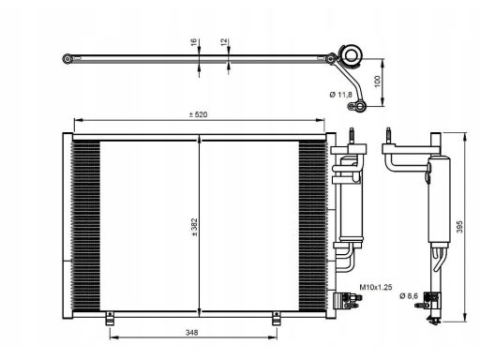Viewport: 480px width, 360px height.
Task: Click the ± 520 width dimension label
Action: coord(198,114)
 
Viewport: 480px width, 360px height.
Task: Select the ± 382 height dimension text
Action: coord(194,227)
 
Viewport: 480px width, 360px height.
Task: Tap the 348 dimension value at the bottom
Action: coord(191,333)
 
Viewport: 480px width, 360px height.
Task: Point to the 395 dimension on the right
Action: coord(459,227)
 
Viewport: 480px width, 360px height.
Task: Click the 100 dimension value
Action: coord(377,82)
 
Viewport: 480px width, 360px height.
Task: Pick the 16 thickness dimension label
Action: coord(193,42)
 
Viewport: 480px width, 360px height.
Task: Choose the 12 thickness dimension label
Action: coord(224,42)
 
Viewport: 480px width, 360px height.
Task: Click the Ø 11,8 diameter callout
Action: coord(340,94)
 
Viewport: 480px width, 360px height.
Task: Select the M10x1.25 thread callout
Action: coord(376,287)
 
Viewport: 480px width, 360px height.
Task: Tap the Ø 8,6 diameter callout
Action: coord(409,295)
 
